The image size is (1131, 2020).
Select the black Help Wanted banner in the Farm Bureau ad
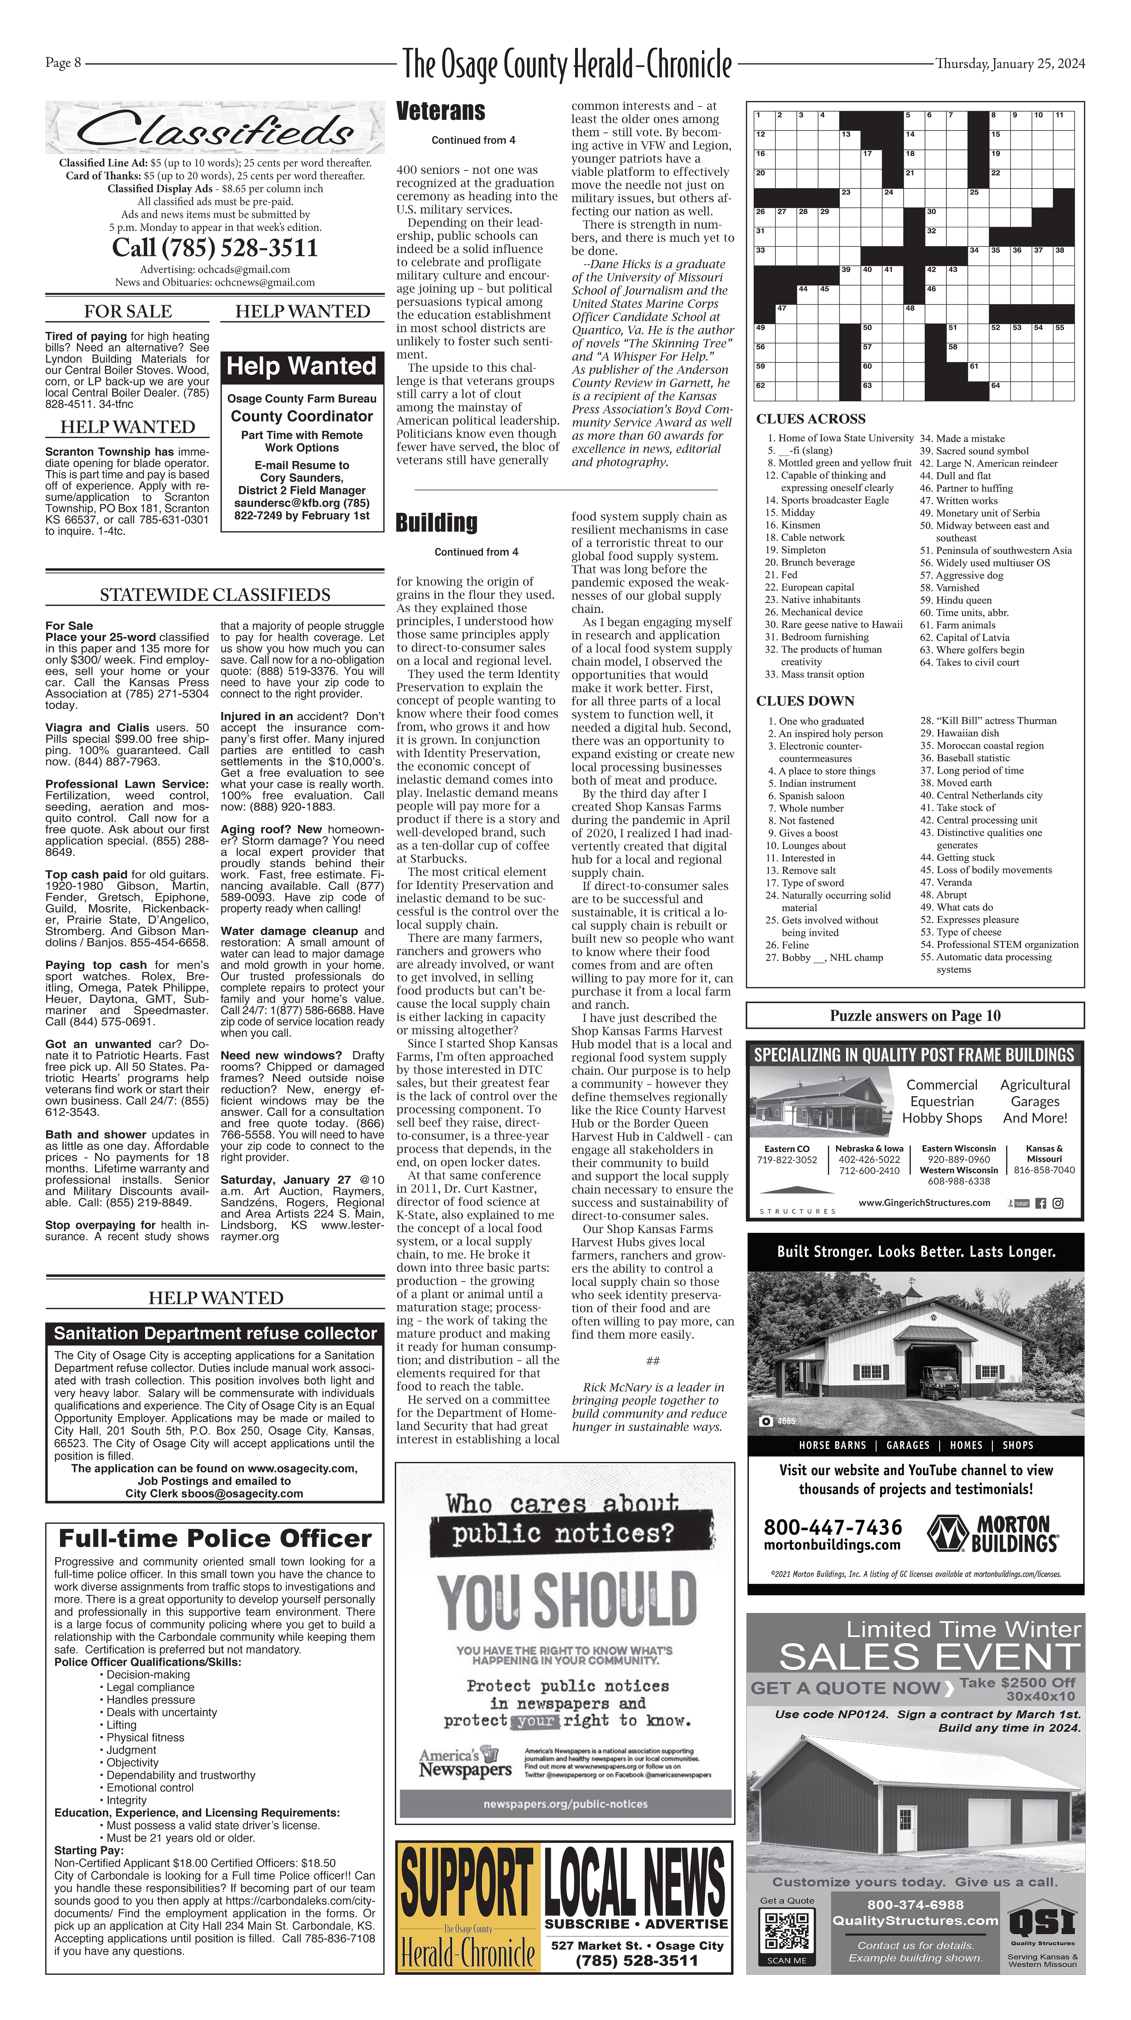pos(301,366)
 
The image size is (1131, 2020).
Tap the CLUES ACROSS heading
pos(810,419)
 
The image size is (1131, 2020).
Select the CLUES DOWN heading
pos(805,700)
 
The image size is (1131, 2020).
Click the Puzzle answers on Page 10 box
pos(914,1015)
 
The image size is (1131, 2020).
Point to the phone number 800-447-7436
pos(832,1527)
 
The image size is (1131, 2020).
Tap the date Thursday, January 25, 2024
pos(1010,64)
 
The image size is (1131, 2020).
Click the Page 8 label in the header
pos(63,63)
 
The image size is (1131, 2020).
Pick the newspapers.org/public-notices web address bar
pos(565,1804)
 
